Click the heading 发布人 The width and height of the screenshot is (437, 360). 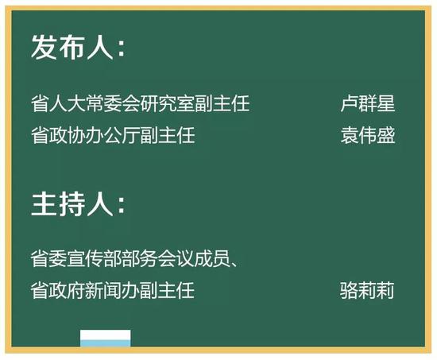click(72, 47)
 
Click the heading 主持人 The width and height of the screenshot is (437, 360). click(72, 203)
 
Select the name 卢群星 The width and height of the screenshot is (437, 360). click(368, 103)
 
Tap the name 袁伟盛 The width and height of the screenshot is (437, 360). click(368, 135)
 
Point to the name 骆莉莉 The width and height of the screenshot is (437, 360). click(367, 290)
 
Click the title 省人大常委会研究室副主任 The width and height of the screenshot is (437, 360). click(140, 103)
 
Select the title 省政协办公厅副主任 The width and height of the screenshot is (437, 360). click(113, 135)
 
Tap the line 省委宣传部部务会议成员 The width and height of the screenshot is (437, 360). click(130, 258)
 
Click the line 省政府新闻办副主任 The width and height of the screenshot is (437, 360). click(112, 290)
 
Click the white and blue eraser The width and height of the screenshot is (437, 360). click(106, 339)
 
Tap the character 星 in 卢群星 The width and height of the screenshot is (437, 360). click(386, 103)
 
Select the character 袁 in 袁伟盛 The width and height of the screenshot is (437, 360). click(350, 135)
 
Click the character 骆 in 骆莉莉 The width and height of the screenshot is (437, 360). click(349, 290)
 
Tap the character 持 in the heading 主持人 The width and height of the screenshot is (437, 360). click(72, 203)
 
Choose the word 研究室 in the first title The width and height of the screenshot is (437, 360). click(168, 103)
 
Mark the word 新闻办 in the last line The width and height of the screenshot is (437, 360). click(112, 290)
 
